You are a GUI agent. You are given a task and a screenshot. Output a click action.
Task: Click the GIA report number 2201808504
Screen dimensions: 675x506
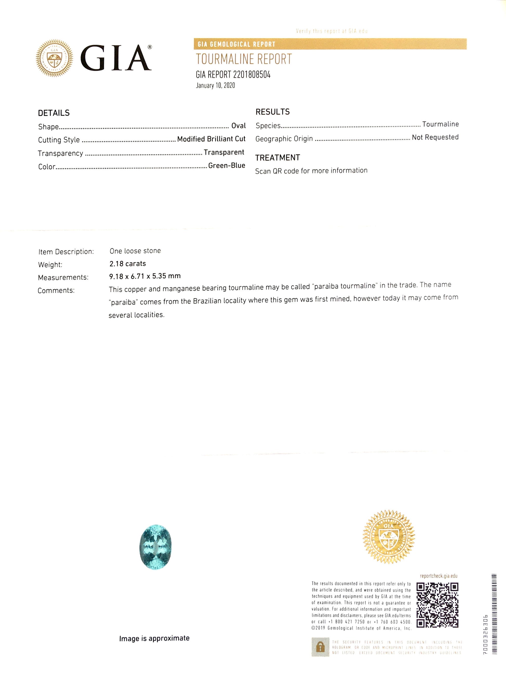click(233, 75)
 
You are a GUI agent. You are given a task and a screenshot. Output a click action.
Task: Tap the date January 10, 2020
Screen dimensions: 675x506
click(215, 85)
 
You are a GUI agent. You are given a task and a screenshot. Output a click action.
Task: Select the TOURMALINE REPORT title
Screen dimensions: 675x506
click(244, 59)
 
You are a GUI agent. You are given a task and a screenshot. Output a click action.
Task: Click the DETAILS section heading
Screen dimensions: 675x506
click(54, 113)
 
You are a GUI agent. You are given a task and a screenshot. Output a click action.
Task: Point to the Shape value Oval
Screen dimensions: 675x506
click(238, 126)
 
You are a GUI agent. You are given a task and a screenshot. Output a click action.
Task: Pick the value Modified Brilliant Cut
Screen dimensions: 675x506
click(211, 139)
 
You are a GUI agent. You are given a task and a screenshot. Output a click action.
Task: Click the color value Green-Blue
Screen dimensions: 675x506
click(227, 165)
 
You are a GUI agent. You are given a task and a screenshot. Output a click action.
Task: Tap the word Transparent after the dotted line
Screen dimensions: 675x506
click(224, 152)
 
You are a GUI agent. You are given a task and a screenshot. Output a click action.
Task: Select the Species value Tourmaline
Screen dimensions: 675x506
click(440, 124)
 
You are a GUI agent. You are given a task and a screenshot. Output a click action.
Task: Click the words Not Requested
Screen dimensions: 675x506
click(435, 137)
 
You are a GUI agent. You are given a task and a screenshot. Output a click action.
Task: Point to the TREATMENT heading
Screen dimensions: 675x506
click(277, 158)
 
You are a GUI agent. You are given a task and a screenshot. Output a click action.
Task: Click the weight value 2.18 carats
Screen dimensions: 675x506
click(127, 264)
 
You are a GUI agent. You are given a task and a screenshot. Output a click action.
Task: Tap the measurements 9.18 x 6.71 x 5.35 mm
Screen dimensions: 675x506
click(145, 276)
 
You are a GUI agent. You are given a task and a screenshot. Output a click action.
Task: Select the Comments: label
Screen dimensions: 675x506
click(56, 290)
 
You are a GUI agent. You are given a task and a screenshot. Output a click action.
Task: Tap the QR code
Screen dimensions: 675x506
click(437, 605)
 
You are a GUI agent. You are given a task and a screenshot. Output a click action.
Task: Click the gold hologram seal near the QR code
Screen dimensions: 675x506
click(388, 537)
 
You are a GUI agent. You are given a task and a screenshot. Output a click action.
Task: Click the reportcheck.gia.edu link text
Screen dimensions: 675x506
click(439, 576)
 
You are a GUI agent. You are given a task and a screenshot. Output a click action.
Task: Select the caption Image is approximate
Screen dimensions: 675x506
click(154, 638)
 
